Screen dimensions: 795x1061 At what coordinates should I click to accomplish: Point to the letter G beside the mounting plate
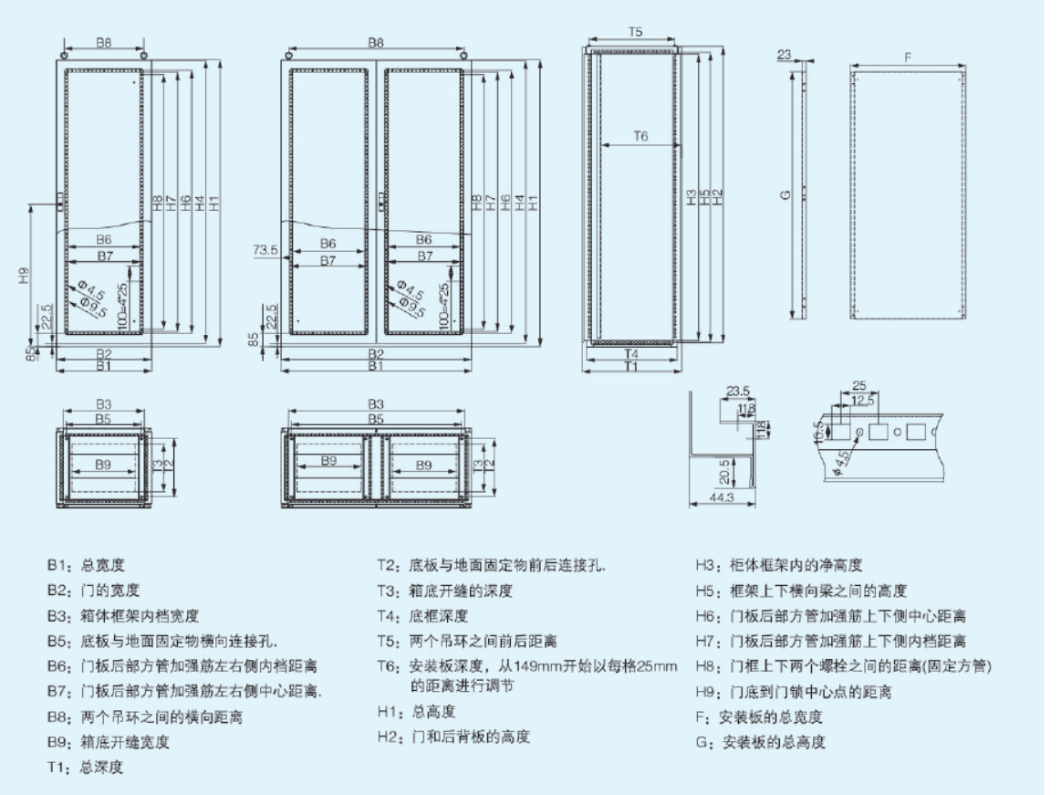click(785, 195)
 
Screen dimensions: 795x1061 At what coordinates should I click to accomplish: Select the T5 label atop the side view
click(635, 32)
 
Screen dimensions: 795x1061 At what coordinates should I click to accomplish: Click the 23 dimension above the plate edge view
click(784, 55)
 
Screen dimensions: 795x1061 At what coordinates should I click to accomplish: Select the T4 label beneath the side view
click(631, 352)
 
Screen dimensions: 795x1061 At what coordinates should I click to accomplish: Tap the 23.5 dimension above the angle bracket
click(738, 392)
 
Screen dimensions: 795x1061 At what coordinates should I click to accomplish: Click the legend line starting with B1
click(87, 566)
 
